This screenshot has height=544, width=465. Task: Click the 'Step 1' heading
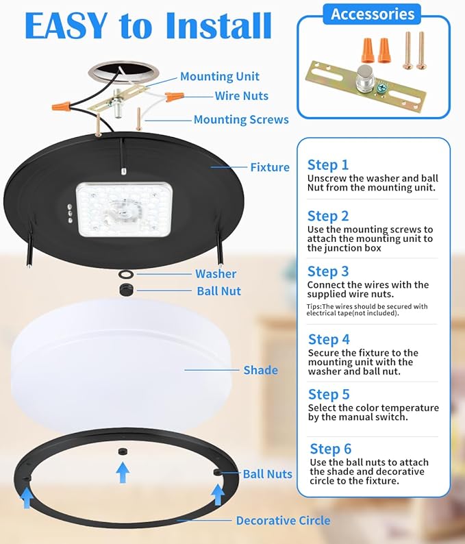[327, 165]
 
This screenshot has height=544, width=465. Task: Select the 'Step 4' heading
[329, 339]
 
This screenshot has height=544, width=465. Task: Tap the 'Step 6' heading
[330, 449]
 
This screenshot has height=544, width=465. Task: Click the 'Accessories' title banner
[373, 14]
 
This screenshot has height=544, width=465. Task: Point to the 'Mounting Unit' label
[220, 77]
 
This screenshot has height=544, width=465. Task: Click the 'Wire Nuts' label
[241, 96]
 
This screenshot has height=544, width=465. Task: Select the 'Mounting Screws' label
[241, 120]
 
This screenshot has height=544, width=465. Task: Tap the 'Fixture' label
[270, 167]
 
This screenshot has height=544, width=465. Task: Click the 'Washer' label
[216, 274]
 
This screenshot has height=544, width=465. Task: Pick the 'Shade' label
[260, 370]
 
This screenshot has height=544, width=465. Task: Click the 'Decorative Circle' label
[283, 521]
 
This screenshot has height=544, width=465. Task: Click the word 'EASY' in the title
[66, 25]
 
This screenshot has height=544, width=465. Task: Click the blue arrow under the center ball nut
[123, 472]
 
